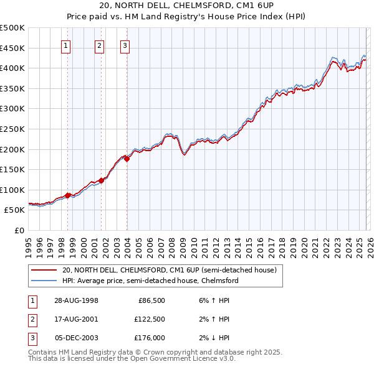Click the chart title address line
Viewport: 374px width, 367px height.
point(186,6)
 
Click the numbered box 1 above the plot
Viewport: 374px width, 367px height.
point(66,45)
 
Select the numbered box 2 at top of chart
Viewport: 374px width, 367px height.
point(99,45)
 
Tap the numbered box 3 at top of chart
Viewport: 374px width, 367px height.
point(125,45)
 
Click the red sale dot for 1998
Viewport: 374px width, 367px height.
point(68,195)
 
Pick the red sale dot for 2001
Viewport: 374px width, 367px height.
point(101,180)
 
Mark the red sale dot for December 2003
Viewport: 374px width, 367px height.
point(127,159)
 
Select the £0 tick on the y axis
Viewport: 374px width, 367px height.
point(19,230)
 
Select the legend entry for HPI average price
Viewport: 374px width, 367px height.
point(150,281)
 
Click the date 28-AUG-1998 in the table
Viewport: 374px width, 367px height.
point(76,300)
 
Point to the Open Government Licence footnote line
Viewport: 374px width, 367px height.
point(132,359)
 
